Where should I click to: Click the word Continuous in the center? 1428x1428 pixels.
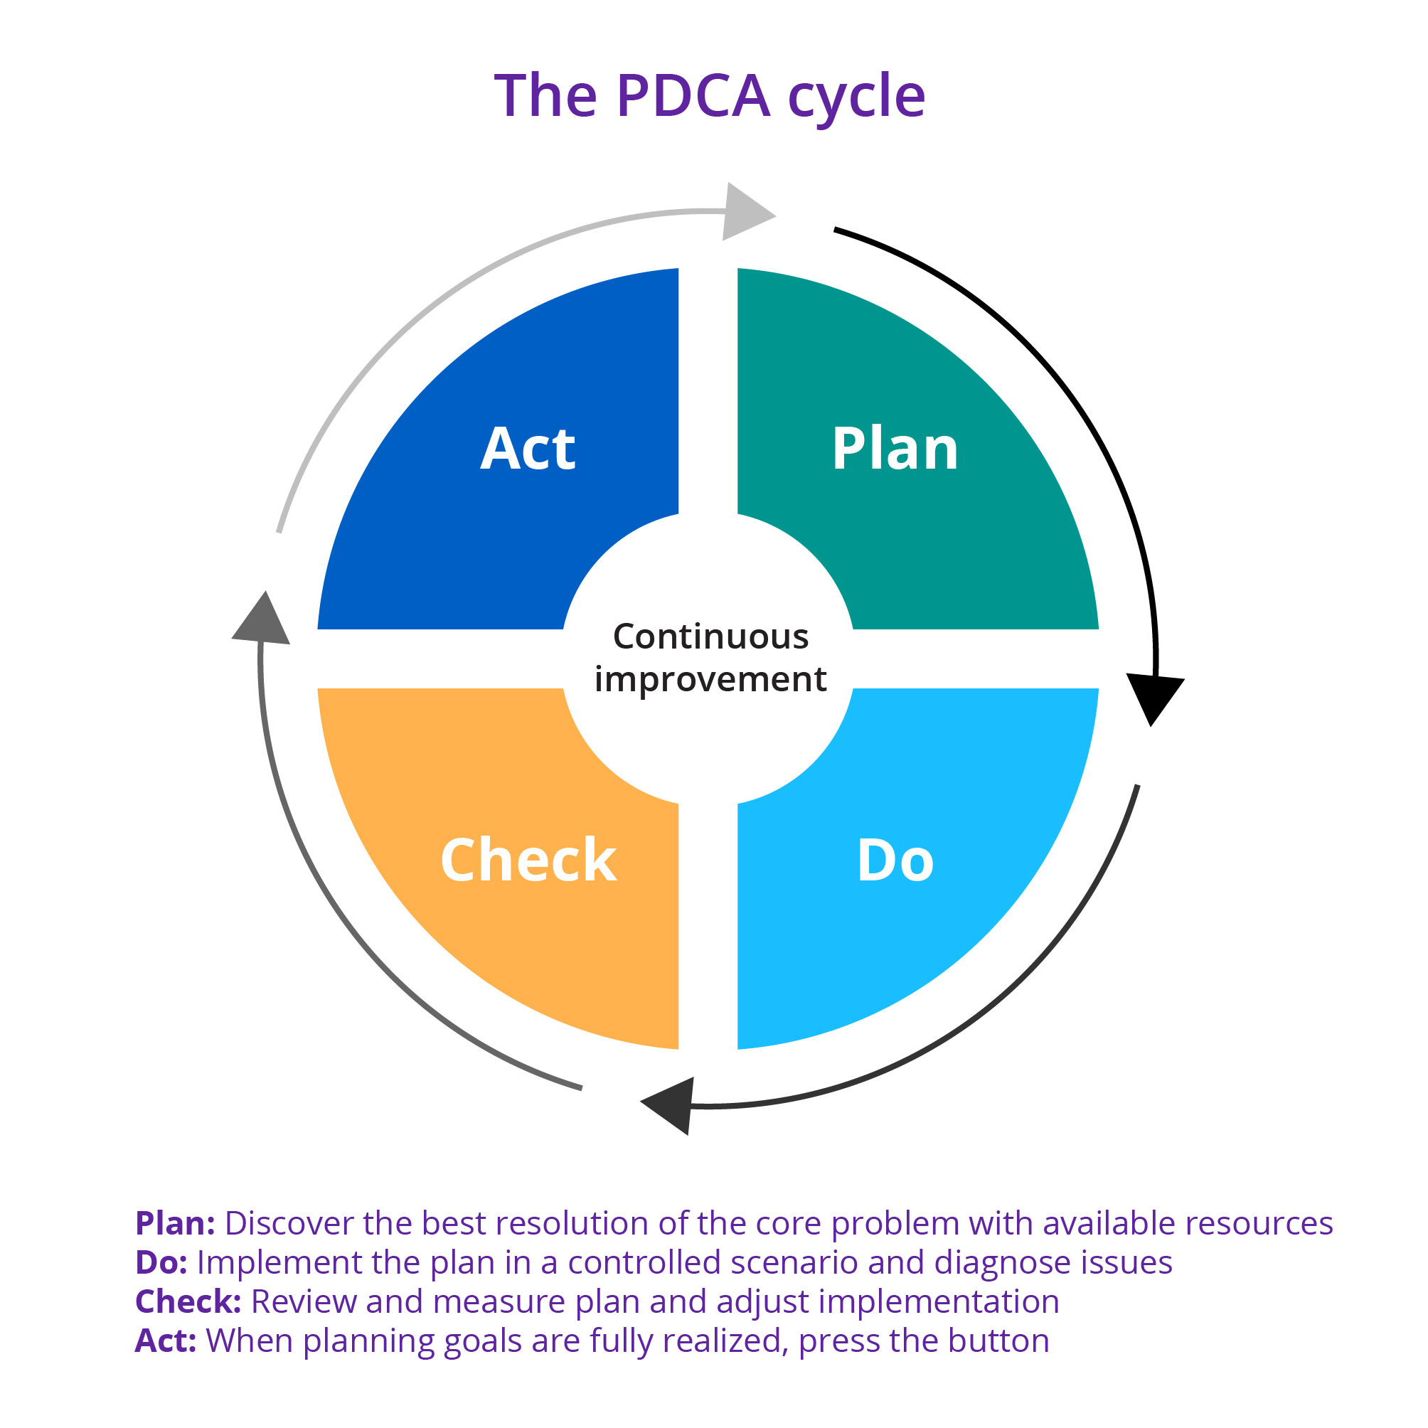[711, 636]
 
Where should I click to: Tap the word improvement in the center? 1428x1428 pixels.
[710, 678]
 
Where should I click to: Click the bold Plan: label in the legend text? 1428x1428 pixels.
[175, 1224]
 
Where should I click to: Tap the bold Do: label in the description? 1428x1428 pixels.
[161, 1263]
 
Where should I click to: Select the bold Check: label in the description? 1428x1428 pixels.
[188, 1302]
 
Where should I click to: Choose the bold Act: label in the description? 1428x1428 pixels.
[166, 1341]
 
